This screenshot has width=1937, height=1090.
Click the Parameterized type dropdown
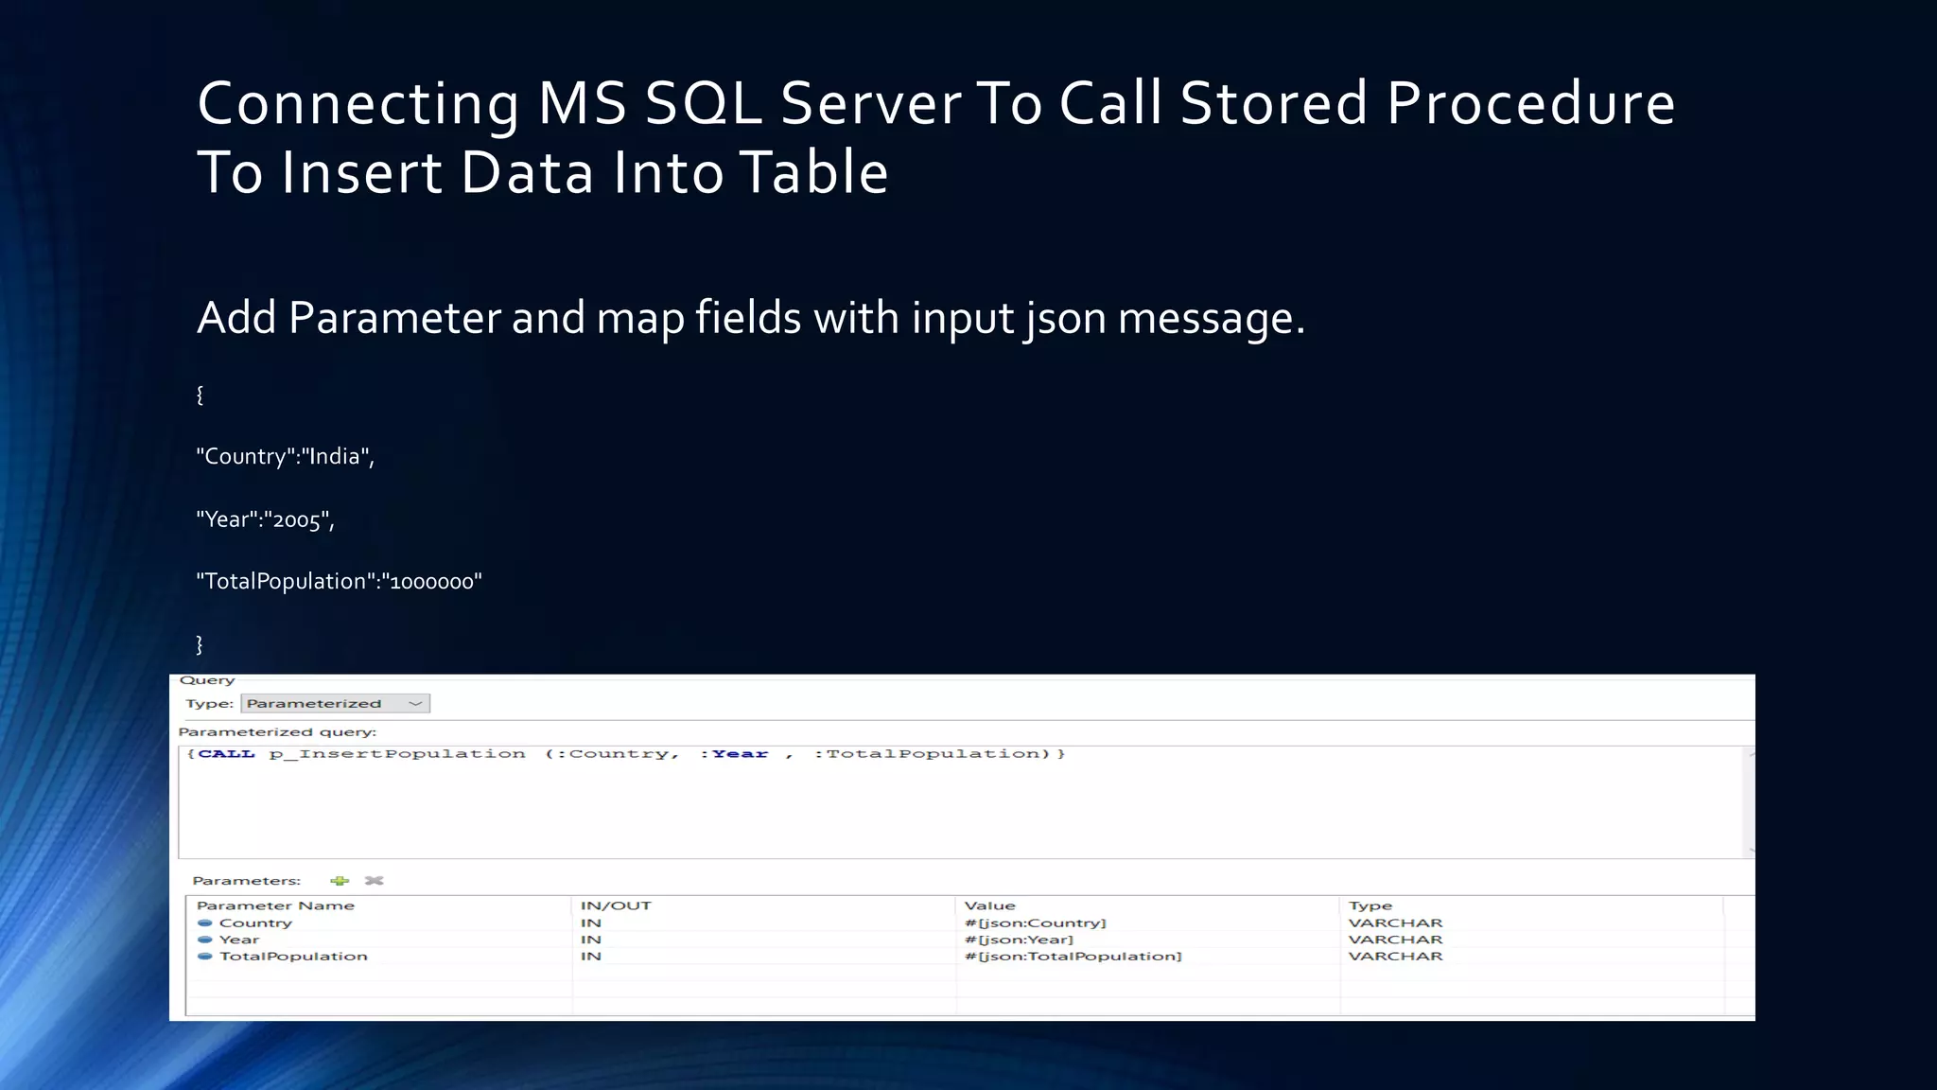[x=335, y=703]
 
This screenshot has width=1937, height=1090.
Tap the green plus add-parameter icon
[x=340, y=881]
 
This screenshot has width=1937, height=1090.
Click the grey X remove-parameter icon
[x=375, y=881]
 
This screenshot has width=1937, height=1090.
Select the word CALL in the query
[x=226, y=754]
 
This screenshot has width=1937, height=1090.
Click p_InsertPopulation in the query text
[x=397, y=754]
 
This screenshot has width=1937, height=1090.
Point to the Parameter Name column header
[x=275, y=905]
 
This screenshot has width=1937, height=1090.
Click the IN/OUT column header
[x=616, y=905]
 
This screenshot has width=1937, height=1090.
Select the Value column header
[x=989, y=905]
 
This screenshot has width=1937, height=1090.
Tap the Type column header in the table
[x=1370, y=905]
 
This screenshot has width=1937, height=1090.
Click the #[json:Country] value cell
[x=1035, y=923]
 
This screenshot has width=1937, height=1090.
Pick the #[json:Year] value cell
[x=1019, y=940]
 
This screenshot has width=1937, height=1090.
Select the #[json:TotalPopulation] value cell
[x=1073, y=957]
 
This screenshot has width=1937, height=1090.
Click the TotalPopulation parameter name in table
[x=293, y=957]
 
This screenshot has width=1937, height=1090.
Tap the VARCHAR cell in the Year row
[x=1395, y=940]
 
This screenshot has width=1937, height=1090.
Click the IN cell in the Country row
[x=591, y=923]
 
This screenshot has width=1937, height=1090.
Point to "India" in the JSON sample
[x=335, y=457]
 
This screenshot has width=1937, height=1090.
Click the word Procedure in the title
[x=1530, y=103]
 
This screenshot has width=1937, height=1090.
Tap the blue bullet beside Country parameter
[x=204, y=923]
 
